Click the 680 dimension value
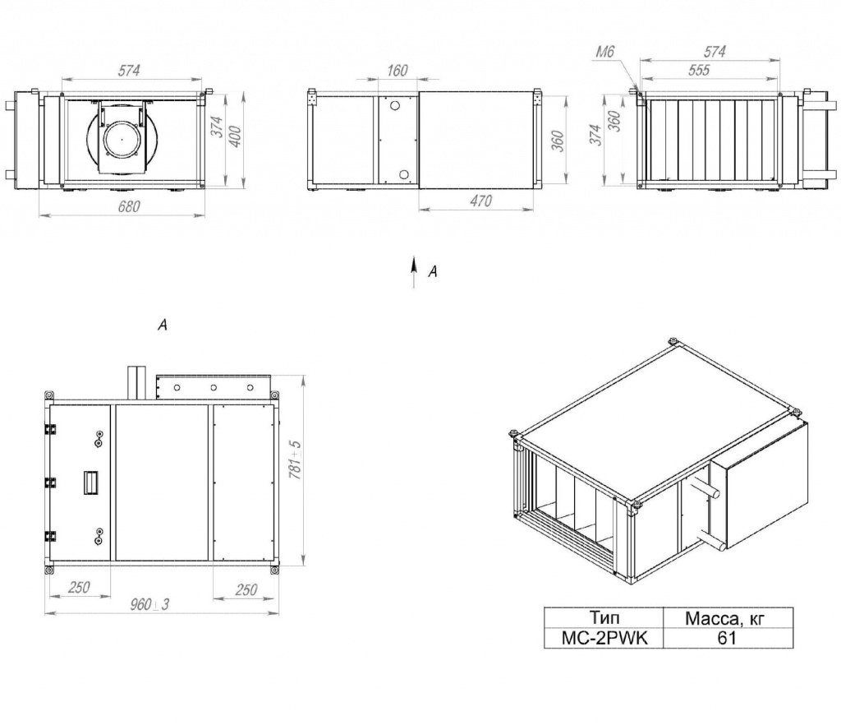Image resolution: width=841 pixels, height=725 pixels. pos(129,206)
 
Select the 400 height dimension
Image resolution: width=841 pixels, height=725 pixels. pos(235,136)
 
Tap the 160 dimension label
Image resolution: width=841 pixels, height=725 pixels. pos(397,71)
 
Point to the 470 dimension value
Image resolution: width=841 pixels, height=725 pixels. pos(480,201)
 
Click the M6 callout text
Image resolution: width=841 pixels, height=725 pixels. pos(604,52)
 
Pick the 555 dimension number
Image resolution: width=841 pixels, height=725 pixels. pos(699,70)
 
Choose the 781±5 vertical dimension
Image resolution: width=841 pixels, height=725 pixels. pos(295,459)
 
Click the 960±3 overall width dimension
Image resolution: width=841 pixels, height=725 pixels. pos(149,604)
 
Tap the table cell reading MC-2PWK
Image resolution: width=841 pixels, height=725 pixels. pos(604,638)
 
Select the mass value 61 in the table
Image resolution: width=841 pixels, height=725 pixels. pos(728,638)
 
